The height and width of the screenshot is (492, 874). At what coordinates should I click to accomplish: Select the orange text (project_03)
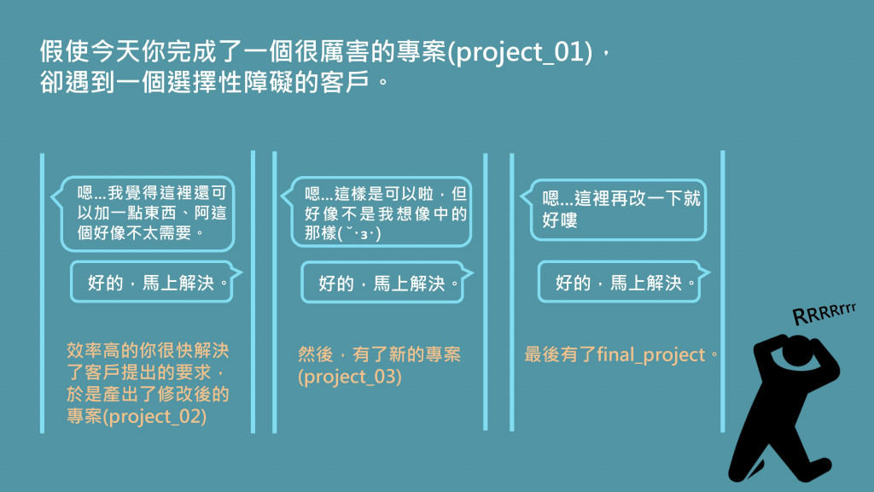point(349,377)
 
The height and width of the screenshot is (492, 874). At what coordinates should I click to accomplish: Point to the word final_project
point(651,355)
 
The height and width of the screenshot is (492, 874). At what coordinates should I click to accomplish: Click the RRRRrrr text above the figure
point(824,313)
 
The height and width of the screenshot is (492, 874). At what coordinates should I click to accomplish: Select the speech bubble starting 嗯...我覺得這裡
point(143,214)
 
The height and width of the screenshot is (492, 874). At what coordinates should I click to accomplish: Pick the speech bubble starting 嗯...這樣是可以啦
point(377,212)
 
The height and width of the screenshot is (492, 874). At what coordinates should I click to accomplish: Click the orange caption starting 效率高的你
point(148,384)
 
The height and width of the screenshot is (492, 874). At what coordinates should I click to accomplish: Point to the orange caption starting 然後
point(379,366)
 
